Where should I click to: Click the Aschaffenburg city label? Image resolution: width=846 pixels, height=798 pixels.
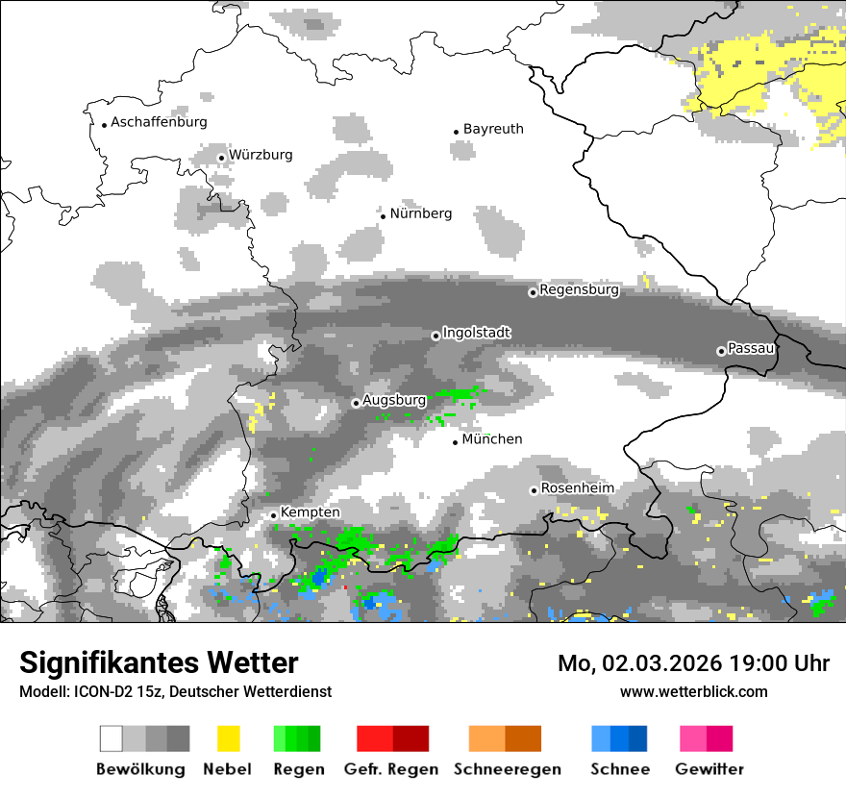(x=159, y=122)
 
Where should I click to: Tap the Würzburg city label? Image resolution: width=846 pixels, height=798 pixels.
(x=261, y=155)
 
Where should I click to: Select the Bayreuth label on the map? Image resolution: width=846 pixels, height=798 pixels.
(x=493, y=129)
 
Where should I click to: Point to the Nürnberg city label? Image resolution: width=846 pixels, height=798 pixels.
(x=420, y=213)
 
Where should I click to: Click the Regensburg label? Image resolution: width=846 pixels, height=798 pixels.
(x=579, y=289)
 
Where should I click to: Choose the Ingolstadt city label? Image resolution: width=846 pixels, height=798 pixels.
(x=477, y=333)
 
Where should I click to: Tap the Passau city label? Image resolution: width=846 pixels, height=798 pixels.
(x=751, y=348)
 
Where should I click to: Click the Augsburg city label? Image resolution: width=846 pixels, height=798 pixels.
(x=394, y=400)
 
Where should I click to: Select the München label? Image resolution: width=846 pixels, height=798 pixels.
(x=492, y=439)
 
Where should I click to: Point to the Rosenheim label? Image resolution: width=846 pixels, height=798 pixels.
(x=577, y=488)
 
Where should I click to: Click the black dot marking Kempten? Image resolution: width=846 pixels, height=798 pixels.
(x=274, y=515)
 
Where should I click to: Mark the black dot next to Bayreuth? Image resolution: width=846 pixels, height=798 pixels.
(x=457, y=132)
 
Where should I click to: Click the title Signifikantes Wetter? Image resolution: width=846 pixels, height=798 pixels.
(x=159, y=662)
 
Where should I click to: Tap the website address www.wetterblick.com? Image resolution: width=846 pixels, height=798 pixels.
(x=694, y=691)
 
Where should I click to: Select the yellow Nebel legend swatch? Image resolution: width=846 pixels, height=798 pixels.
(x=228, y=738)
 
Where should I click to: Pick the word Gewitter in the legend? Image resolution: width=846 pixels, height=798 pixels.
(x=709, y=769)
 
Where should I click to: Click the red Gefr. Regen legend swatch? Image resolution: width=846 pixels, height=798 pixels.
(x=375, y=738)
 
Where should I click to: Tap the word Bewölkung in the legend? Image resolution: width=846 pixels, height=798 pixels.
(x=140, y=769)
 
